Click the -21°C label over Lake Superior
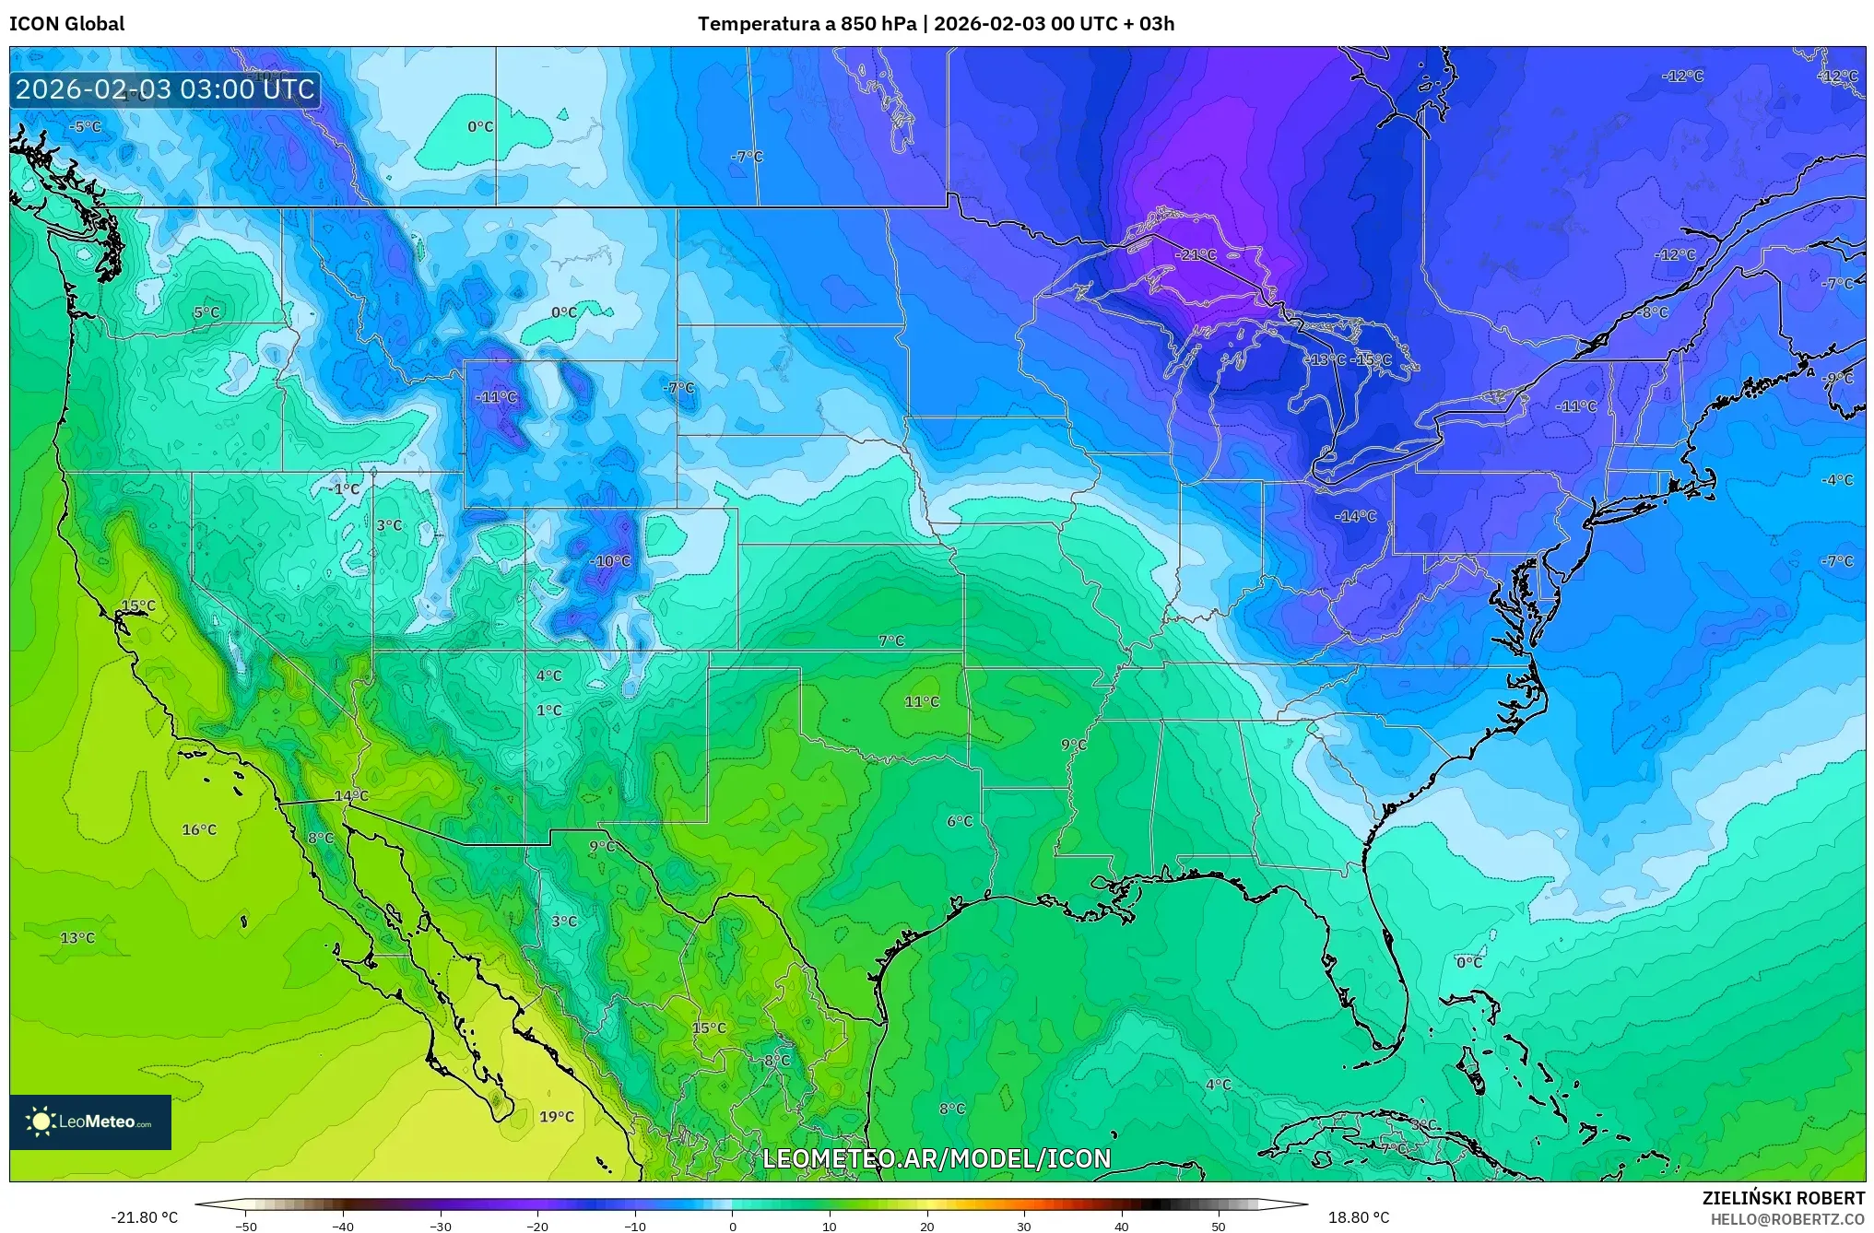pos(1196,254)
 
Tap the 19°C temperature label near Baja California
pos(556,1117)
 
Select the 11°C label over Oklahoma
pos(921,701)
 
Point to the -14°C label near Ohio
pos(1355,516)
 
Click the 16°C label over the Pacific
pos(198,829)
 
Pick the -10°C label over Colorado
pos(610,560)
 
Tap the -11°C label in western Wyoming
pos(496,397)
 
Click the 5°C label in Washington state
pos(206,312)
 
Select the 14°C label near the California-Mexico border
pos(350,795)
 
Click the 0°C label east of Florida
pos(1469,962)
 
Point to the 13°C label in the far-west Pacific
pos(77,937)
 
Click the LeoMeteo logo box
pos(90,1121)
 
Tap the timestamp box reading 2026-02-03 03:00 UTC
pos(165,89)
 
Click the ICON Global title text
pos(66,23)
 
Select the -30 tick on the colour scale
pos(441,1226)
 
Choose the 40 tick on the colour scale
pos(1122,1226)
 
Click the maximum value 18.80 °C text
pos(1358,1217)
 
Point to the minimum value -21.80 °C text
pos(144,1217)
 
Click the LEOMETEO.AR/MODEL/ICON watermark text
pos(937,1158)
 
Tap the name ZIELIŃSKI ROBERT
pos(1783,1198)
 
